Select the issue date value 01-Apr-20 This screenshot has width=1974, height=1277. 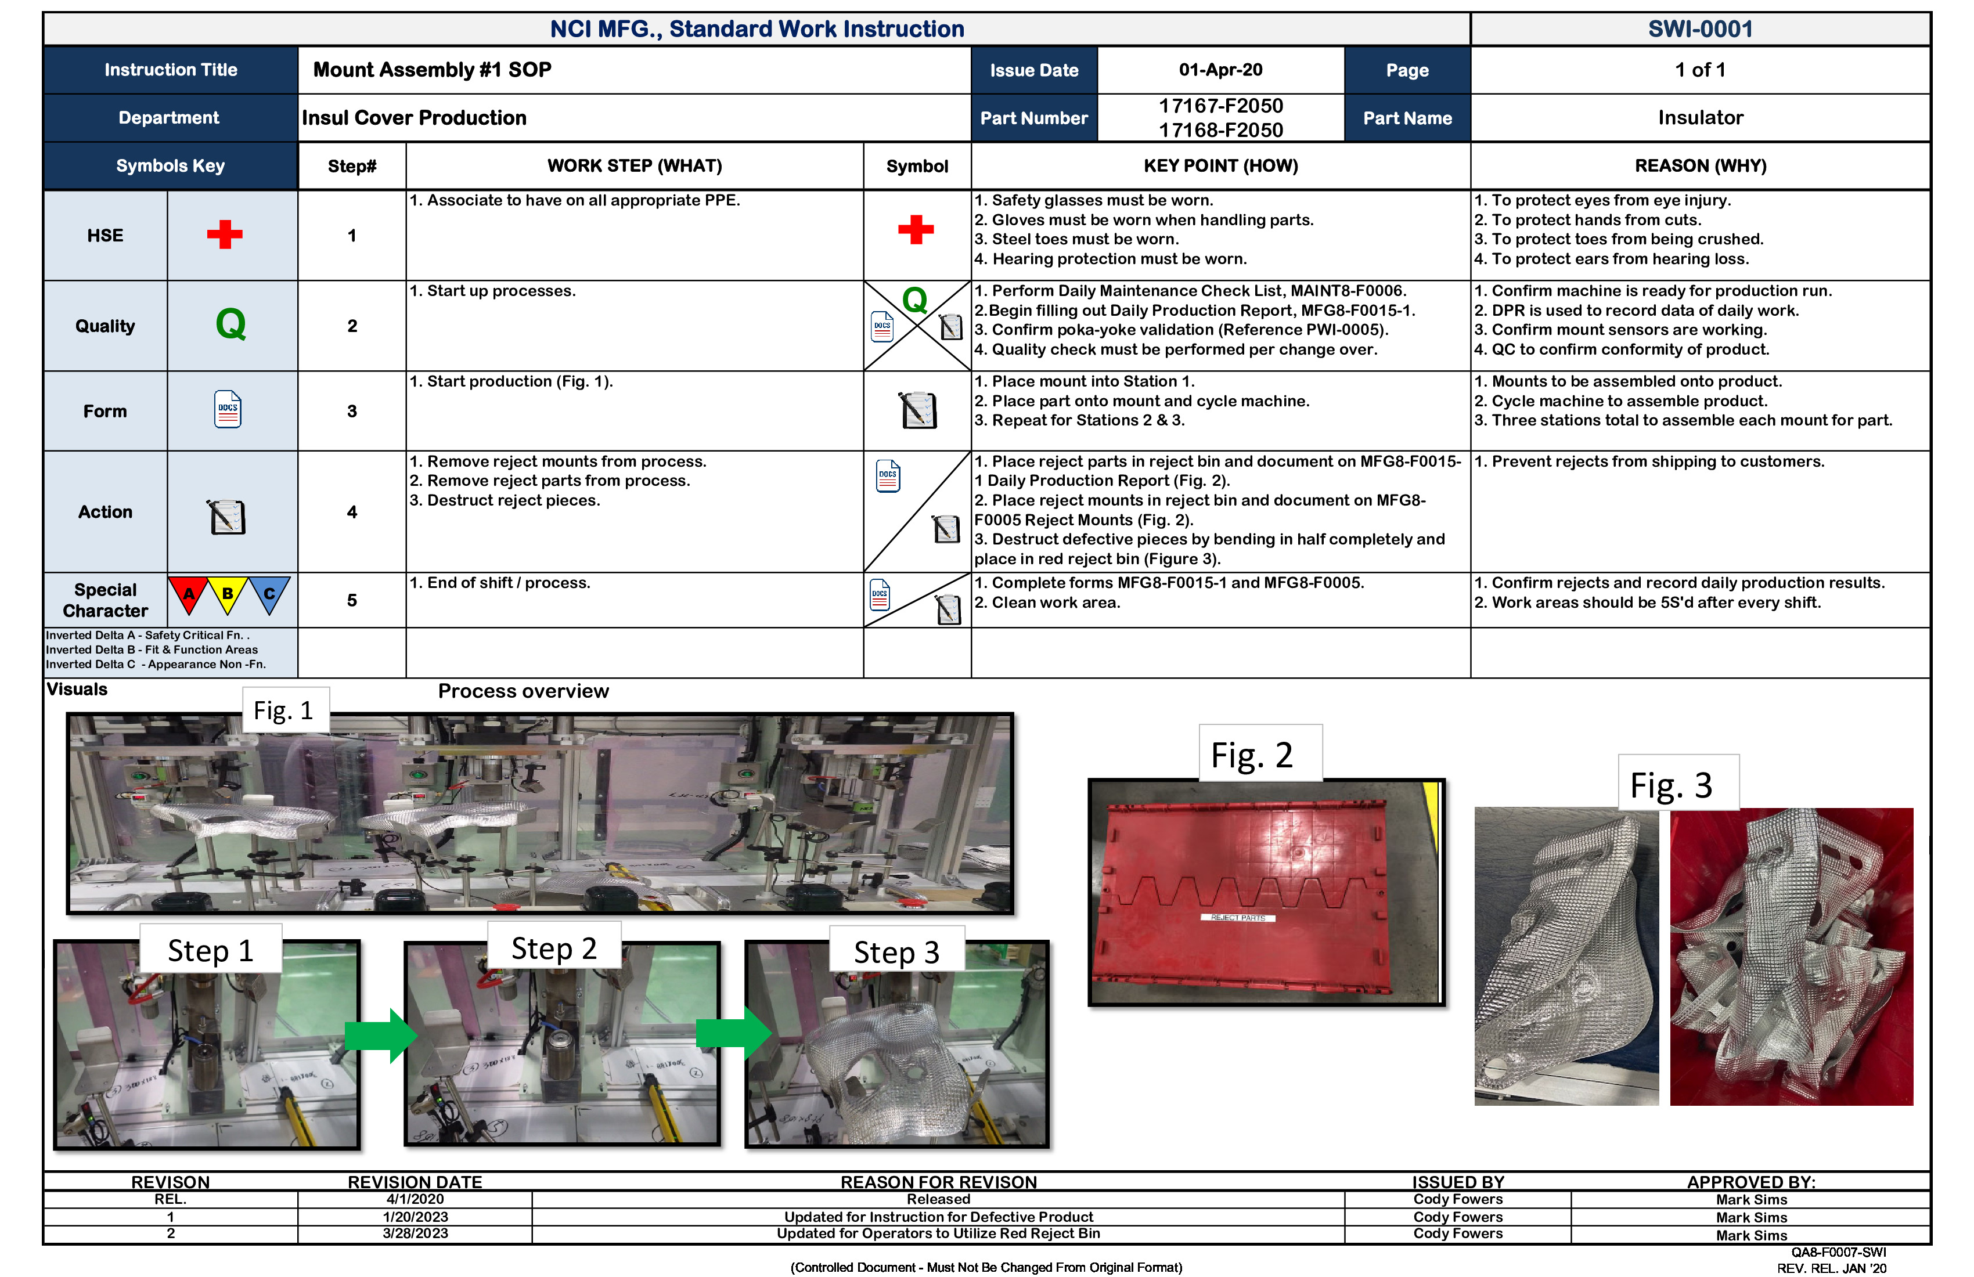tap(1220, 70)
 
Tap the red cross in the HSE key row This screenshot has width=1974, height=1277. tap(225, 235)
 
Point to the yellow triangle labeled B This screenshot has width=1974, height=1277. tap(227, 594)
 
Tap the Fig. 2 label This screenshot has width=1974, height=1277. tap(1251, 755)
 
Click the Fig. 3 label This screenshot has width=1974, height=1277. tap(1670, 784)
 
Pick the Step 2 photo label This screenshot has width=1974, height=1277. tap(553, 948)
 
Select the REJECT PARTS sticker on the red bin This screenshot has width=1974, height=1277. tap(1237, 918)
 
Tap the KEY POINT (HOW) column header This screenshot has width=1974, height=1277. tap(1220, 166)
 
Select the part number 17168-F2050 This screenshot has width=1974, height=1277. tap(1220, 130)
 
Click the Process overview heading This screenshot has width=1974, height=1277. tap(523, 691)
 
